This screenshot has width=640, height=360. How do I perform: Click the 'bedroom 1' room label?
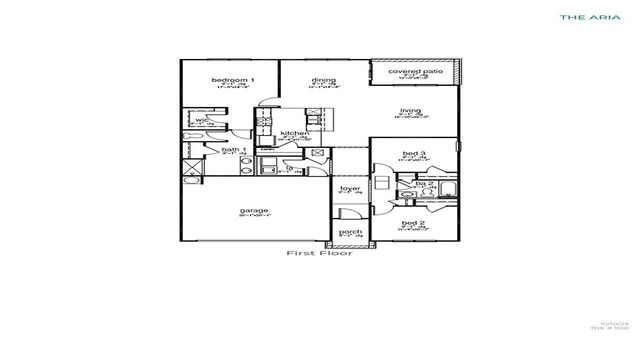pos(232,79)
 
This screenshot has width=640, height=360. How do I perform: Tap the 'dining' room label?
pos(322,79)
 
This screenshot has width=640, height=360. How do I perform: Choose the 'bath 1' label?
pos(234,150)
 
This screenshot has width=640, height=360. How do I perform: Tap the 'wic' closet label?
pos(202,120)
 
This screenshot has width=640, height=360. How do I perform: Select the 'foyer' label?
pos(350,188)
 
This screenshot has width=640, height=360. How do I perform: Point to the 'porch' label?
pos(350,232)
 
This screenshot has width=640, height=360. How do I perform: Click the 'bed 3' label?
pos(414,153)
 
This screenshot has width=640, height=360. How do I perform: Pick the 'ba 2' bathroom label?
pos(424,184)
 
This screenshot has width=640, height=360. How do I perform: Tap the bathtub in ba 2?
pos(445,193)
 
